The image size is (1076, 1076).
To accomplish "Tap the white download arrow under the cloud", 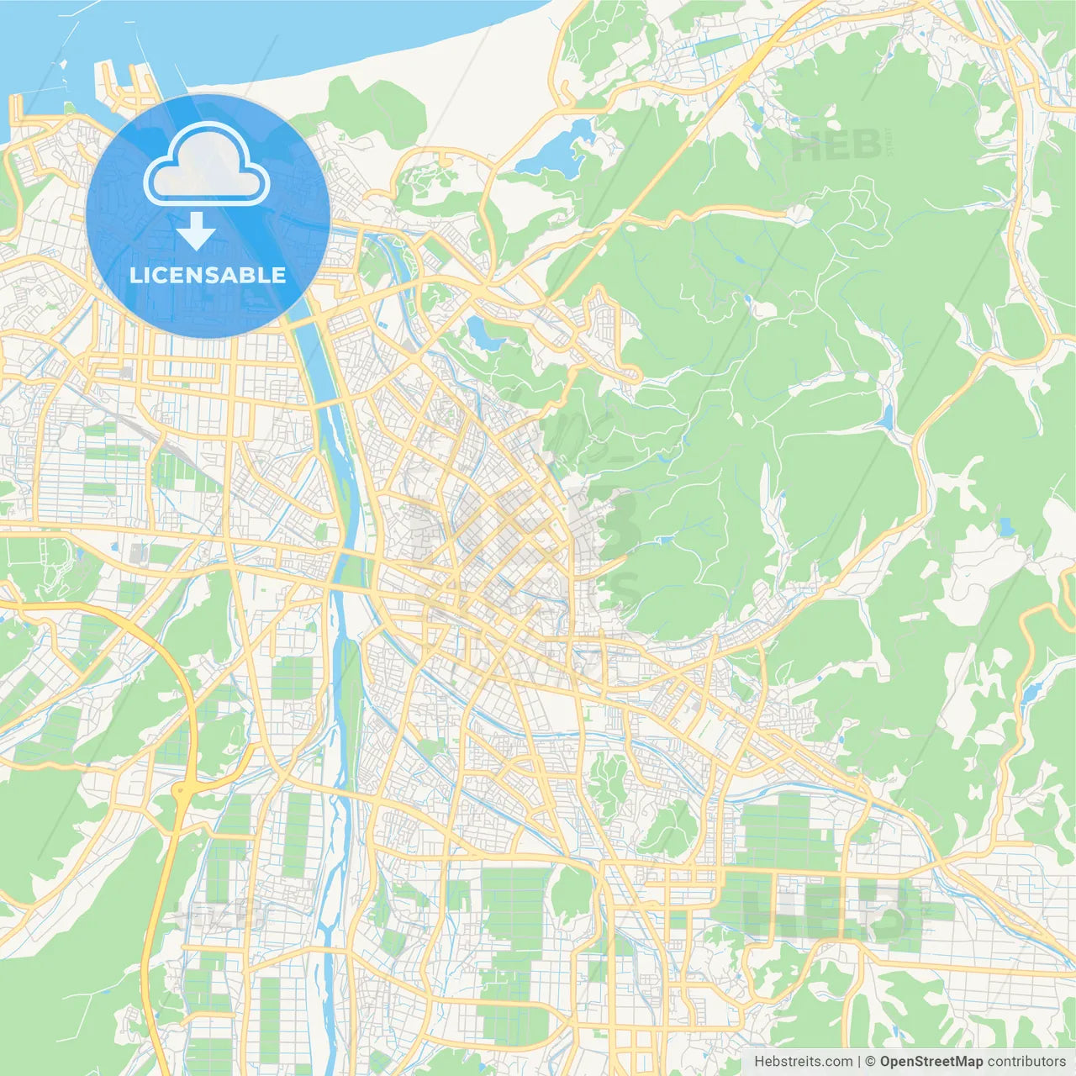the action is coord(196,231).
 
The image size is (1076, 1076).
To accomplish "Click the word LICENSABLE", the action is coord(208,275).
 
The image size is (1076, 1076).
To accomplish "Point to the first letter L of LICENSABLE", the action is coord(134,275).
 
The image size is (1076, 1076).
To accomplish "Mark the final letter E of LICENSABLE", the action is coord(279,275).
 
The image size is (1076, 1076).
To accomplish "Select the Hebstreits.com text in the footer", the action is coord(803,1062).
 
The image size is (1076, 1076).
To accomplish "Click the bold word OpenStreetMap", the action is coord(931,1062).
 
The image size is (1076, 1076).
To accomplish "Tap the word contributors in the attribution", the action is coord(1026,1062).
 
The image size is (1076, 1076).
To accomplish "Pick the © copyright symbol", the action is coord(871,1062).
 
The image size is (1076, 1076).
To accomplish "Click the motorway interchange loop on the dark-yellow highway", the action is coord(182,791).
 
